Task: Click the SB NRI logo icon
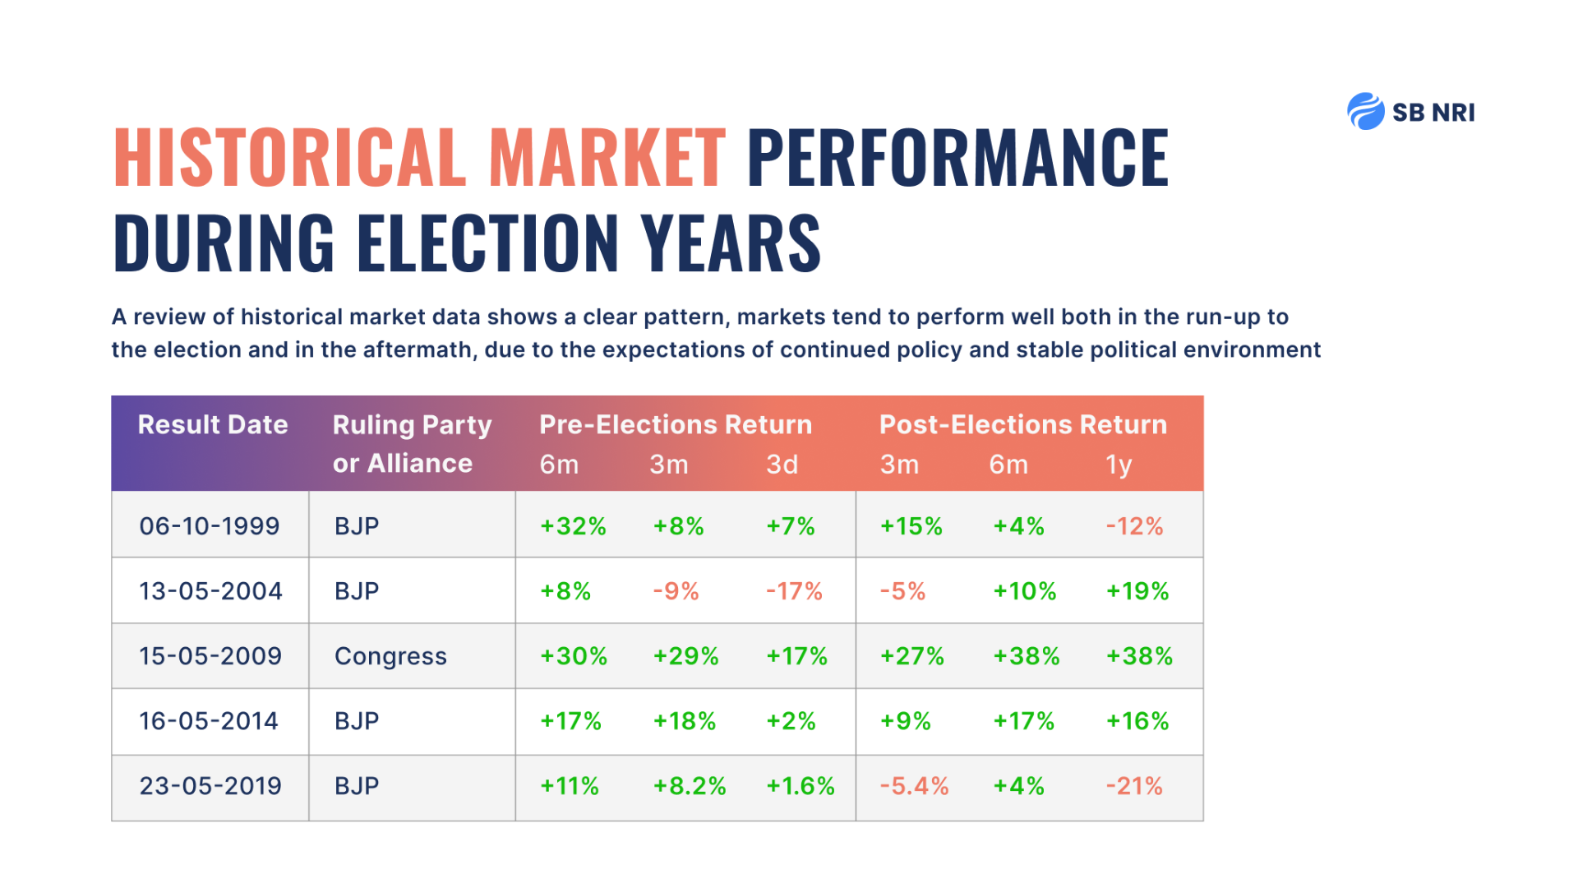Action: (x=1365, y=112)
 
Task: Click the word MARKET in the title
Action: (x=607, y=158)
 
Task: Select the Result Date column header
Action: (x=213, y=425)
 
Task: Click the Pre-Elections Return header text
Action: (x=676, y=425)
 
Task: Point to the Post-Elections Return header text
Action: (x=1023, y=425)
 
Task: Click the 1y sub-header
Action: (x=1119, y=465)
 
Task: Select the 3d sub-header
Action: (x=782, y=465)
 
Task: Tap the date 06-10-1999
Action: (x=210, y=526)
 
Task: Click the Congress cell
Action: (x=390, y=656)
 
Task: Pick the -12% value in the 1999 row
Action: (x=1134, y=526)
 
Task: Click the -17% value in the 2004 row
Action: (x=794, y=591)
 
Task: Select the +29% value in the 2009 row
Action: (x=685, y=656)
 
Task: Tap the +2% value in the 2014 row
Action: (x=791, y=721)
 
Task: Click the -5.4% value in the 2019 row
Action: (x=914, y=786)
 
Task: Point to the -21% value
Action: (x=1134, y=786)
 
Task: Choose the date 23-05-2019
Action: (x=210, y=786)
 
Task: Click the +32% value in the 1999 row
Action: (x=573, y=526)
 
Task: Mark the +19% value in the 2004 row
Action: (x=1137, y=591)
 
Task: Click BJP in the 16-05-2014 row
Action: (x=357, y=721)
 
